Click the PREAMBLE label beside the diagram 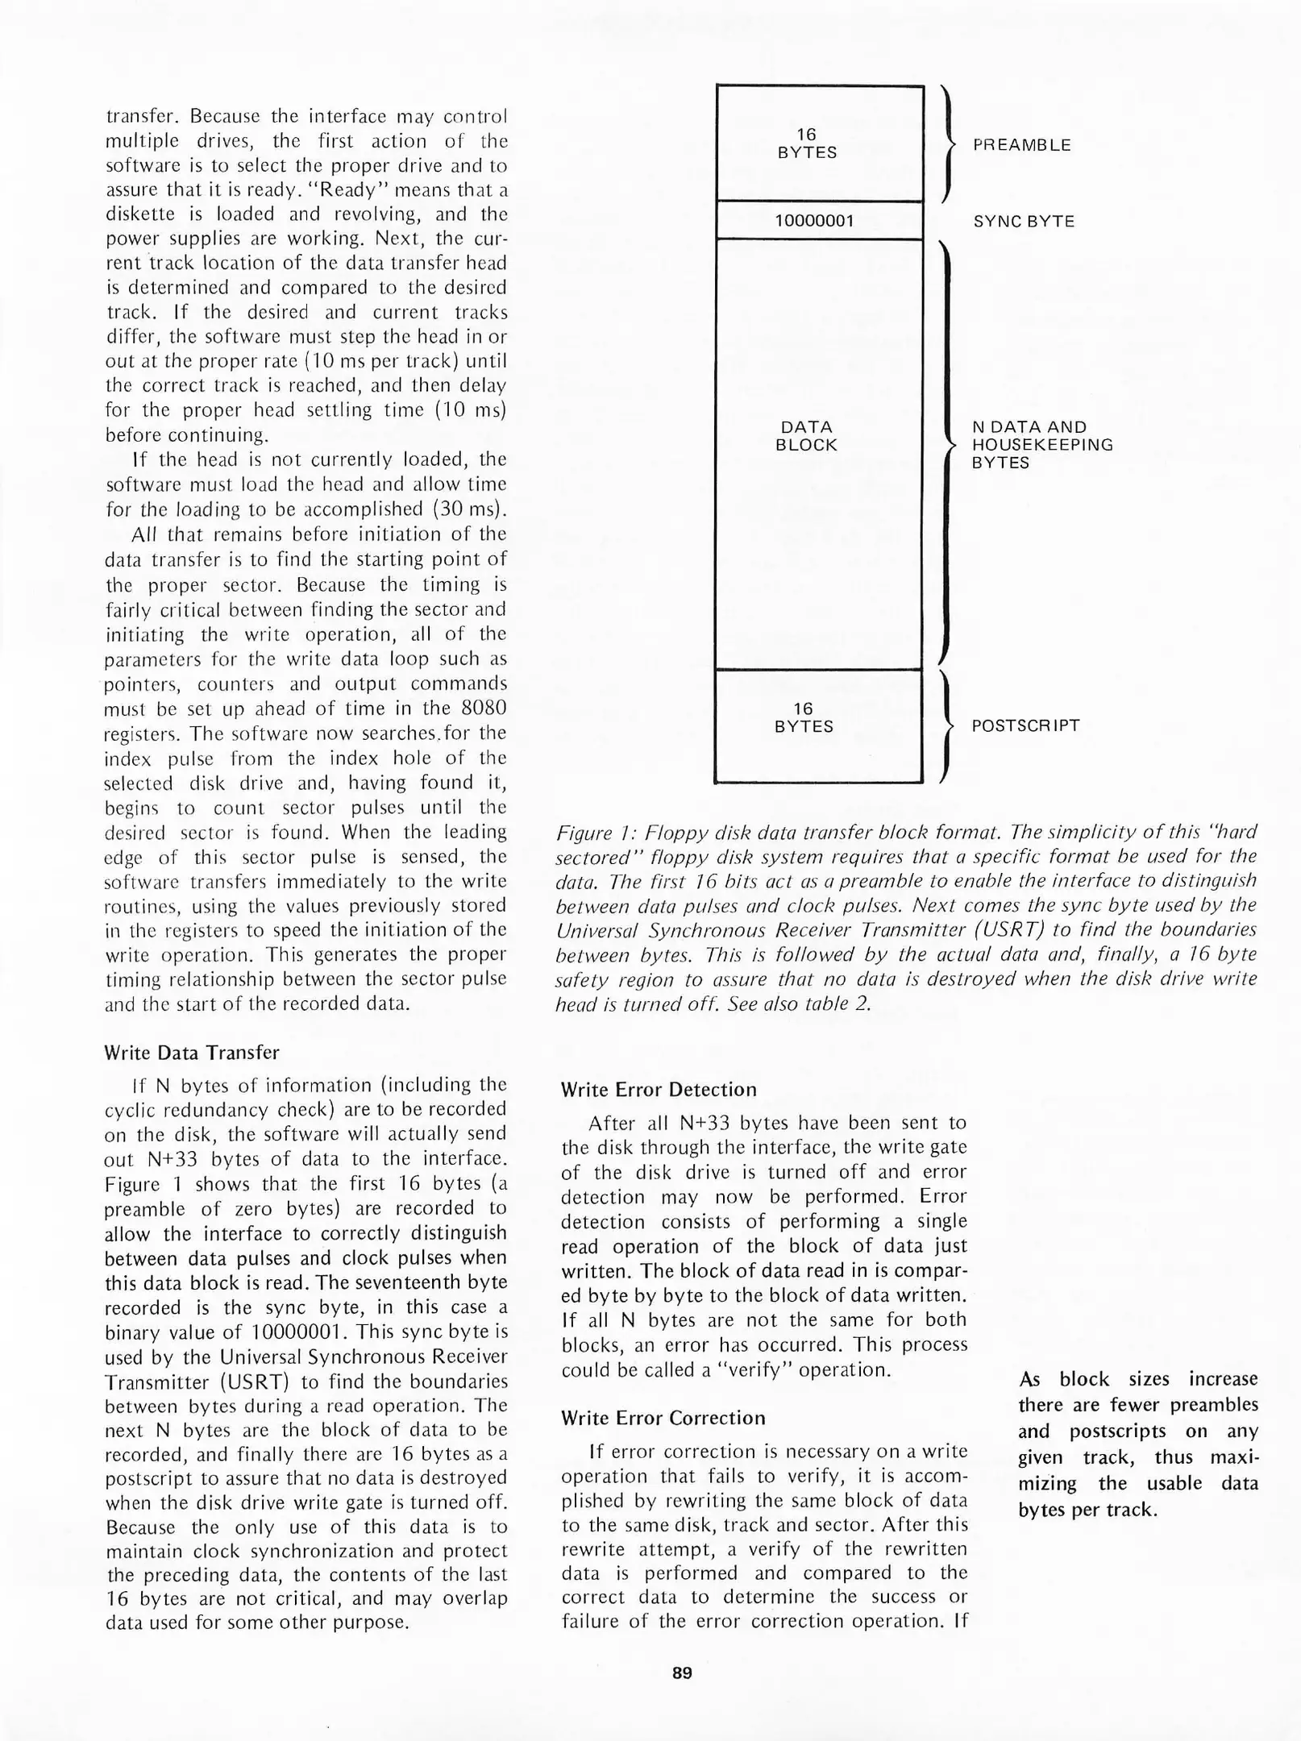pos(1021,145)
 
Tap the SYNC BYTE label pos(1023,221)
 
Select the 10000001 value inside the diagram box pos(814,220)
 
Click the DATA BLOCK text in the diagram pos(806,435)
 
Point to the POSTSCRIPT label pos(1025,725)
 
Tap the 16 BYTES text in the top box pos(807,143)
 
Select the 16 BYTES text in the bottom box pos(804,717)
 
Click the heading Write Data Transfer pos(192,1053)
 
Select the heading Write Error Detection pos(659,1090)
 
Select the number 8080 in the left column pos(484,708)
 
